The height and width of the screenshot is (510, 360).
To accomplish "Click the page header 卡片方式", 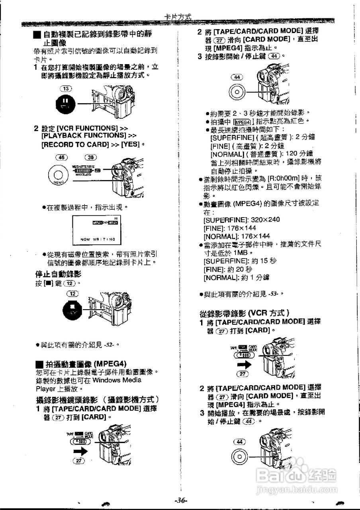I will [178, 17].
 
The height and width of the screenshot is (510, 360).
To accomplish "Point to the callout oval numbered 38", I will [91, 157].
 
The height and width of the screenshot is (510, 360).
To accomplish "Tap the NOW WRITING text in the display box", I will [98, 239].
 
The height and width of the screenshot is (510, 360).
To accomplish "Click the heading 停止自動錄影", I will [58, 274].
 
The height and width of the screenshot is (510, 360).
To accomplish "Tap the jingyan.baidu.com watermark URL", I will [297, 488].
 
